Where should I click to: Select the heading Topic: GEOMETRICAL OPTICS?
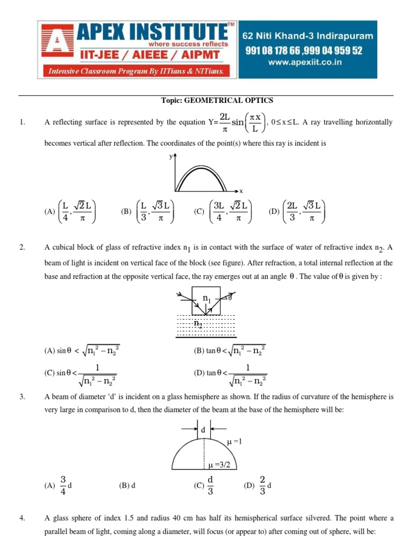pos(217,100)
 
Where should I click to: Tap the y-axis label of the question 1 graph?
pos(170,157)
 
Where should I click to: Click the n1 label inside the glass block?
pos(207,299)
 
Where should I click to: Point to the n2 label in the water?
pos(198,323)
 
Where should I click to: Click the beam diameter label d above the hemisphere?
pos(203,430)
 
